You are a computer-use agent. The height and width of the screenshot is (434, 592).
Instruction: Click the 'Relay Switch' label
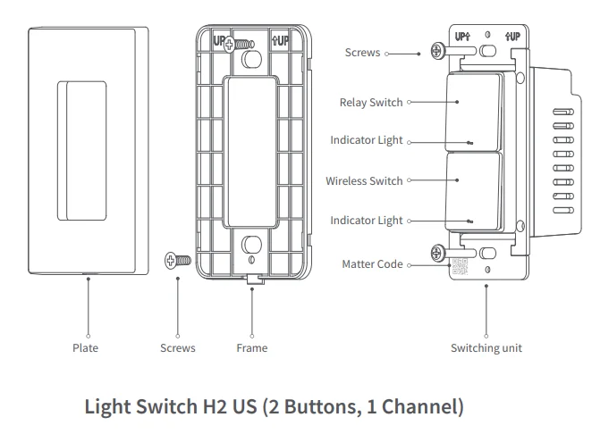coord(370,103)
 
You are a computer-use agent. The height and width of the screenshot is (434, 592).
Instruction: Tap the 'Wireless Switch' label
coord(364,180)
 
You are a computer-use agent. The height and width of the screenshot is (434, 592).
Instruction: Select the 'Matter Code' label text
coord(372,264)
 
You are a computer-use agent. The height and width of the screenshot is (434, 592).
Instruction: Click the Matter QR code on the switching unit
coord(458,266)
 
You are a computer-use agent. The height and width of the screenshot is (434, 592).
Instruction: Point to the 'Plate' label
coord(85,347)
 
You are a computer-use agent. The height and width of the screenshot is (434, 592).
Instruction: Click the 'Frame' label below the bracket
coord(251,347)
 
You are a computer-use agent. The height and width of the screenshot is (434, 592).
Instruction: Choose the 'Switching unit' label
coord(486,347)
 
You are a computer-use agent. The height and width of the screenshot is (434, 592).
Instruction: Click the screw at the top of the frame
coord(238,43)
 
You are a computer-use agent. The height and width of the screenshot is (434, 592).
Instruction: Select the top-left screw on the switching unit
coord(437,52)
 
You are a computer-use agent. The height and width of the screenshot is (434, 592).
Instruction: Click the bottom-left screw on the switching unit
coord(437,254)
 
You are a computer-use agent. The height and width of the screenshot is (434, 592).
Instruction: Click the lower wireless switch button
coord(473,189)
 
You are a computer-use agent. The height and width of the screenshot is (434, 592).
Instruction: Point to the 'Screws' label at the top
coord(362,54)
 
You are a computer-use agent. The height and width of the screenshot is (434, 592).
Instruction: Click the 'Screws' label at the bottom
coord(177,347)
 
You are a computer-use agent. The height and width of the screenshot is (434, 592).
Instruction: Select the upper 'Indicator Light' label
coord(366,141)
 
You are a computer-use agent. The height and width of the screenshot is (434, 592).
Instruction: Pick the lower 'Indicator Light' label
coord(366,221)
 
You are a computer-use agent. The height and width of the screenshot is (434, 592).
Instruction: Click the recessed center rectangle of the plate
coord(82,150)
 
